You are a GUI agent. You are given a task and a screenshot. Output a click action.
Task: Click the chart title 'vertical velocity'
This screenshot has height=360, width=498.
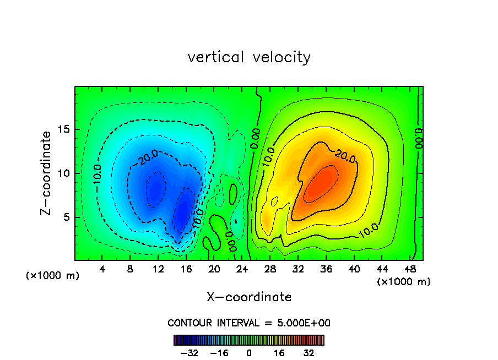(x=249, y=57)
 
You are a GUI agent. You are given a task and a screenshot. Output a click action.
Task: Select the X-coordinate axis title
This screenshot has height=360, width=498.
(x=249, y=297)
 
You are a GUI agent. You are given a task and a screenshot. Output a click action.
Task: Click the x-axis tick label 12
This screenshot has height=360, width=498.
(x=158, y=270)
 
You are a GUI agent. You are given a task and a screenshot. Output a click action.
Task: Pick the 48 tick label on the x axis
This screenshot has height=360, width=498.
(x=410, y=270)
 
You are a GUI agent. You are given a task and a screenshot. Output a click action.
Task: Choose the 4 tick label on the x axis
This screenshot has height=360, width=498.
(x=102, y=270)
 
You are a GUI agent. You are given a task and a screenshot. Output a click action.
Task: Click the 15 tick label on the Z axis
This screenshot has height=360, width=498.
(x=62, y=129)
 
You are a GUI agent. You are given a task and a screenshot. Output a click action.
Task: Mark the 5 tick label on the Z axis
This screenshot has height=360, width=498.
(x=64, y=217)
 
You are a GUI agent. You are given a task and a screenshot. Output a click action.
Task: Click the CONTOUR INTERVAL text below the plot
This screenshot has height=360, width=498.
(x=249, y=323)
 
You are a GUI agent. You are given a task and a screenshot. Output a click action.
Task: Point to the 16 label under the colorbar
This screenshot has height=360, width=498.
(x=279, y=353)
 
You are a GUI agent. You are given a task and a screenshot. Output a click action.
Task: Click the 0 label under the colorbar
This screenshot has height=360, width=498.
(x=249, y=353)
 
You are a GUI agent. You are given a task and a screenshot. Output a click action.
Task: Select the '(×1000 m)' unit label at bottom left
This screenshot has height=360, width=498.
(x=53, y=276)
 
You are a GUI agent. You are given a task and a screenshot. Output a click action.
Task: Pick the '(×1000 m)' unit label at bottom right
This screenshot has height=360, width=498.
(x=404, y=282)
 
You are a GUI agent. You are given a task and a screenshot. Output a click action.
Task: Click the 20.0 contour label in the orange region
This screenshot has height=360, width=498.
(x=345, y=157)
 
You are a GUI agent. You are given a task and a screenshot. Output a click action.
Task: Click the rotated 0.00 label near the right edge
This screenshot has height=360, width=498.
(x=419, y=135)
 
